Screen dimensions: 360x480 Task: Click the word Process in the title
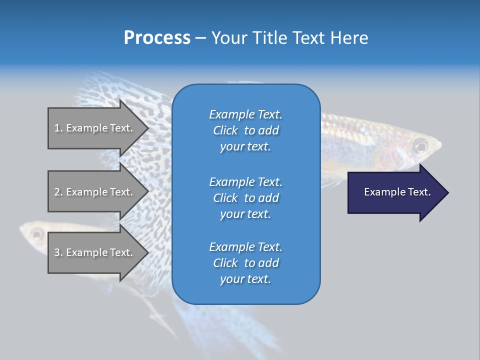157,38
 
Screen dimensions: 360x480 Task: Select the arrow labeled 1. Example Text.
95,128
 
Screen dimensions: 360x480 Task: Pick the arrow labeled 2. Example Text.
95,192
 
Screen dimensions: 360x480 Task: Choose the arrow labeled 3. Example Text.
95,252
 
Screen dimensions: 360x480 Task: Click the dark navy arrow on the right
395,192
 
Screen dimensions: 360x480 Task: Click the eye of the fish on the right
420,146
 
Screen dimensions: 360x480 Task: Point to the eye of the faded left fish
36,233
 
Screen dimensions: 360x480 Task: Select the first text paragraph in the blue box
245,130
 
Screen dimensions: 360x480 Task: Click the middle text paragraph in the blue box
245,198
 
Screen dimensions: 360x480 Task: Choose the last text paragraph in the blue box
245,263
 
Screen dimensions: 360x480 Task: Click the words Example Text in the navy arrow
397,192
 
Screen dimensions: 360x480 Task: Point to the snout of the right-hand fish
438,146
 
